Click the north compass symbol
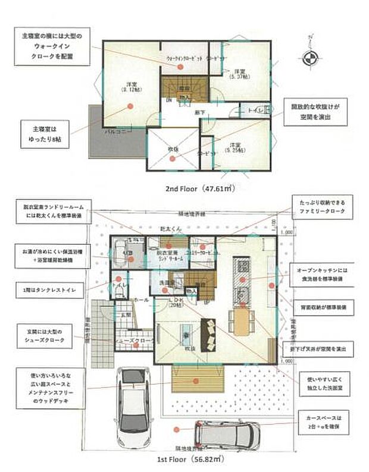tap(310, 58)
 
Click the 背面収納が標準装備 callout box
tap(323, 309)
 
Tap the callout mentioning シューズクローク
tap(46, 336)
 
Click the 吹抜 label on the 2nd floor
tap(173, 149)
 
